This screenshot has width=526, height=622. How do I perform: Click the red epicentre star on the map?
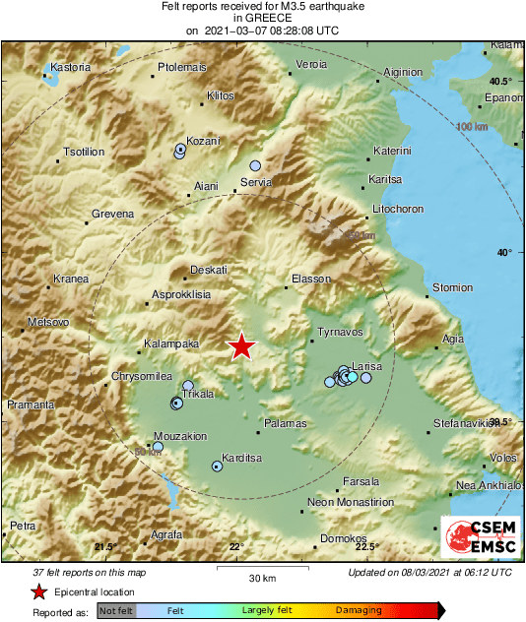pos(241,346)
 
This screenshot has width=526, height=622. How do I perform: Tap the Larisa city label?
pos(367,366)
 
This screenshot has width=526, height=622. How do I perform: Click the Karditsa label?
pos(239,459)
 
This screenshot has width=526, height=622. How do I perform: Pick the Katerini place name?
pos(392,151)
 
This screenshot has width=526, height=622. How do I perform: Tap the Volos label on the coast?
pos(503,459)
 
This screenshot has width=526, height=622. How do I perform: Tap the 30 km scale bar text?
pos(262,577)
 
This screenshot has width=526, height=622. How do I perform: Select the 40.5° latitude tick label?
pos(503,81)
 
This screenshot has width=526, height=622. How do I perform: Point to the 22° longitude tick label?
pos(236,547)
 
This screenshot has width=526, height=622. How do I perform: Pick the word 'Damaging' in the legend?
pos(359,611)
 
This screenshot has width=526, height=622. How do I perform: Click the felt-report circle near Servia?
pos(255,166)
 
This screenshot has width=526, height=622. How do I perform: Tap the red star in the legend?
pos(38,591)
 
